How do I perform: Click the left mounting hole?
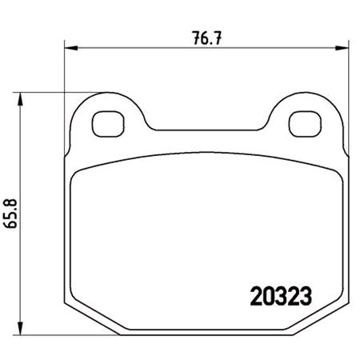(105, 123)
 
